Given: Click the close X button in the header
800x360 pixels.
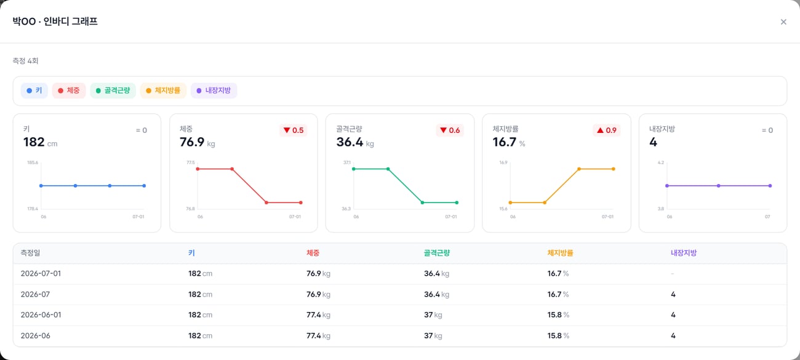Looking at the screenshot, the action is coord(783,22).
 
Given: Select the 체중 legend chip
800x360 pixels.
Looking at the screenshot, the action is coord(69,90).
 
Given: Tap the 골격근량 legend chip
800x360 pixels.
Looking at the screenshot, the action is coord(113,90).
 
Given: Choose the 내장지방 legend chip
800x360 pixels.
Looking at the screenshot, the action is coord(214,90).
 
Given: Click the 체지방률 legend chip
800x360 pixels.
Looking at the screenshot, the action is coord(163,90).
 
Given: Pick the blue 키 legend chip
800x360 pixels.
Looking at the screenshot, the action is coord(34,90).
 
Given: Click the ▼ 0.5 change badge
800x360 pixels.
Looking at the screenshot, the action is coord(293,130).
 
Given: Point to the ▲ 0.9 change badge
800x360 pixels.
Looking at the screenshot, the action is coord(606,130).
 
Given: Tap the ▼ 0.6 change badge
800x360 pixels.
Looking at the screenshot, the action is coord(450,130).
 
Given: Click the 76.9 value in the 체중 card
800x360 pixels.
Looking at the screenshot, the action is coord(192,142).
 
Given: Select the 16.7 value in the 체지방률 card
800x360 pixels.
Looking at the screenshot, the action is coord(505,142).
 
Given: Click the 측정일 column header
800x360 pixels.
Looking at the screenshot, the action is coord(30,253).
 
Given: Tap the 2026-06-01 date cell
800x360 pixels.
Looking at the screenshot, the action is coord(41,315).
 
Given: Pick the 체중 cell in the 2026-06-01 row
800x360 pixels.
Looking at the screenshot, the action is coord(318,315).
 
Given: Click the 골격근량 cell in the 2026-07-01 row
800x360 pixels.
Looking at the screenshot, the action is coord(436,274).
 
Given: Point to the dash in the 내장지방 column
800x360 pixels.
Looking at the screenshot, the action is coord(673,274).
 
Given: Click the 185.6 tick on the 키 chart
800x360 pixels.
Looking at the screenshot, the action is coord(33,162).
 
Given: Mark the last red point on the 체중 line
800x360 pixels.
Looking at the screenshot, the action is coord(301,202).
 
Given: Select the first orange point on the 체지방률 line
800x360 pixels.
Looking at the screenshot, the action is coord(510,202).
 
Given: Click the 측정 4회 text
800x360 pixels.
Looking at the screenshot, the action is coord(25,61).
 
